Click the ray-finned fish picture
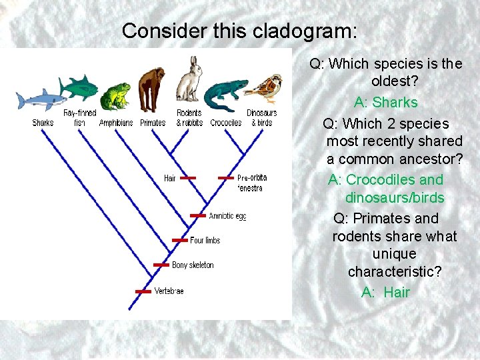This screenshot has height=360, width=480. [79, 87]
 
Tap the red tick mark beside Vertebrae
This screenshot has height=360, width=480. [143, 291]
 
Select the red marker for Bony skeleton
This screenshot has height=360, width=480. [161, 265]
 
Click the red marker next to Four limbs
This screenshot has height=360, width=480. [180, 240]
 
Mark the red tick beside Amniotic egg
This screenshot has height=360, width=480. [198, 215]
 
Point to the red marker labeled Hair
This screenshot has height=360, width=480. [188, 178]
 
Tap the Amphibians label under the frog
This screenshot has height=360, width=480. [116, 123]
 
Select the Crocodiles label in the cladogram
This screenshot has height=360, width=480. [226, 123]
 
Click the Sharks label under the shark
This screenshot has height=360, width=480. [43, 123]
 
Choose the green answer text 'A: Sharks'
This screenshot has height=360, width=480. [386, 103]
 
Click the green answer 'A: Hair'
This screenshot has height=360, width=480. [386, 292]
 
